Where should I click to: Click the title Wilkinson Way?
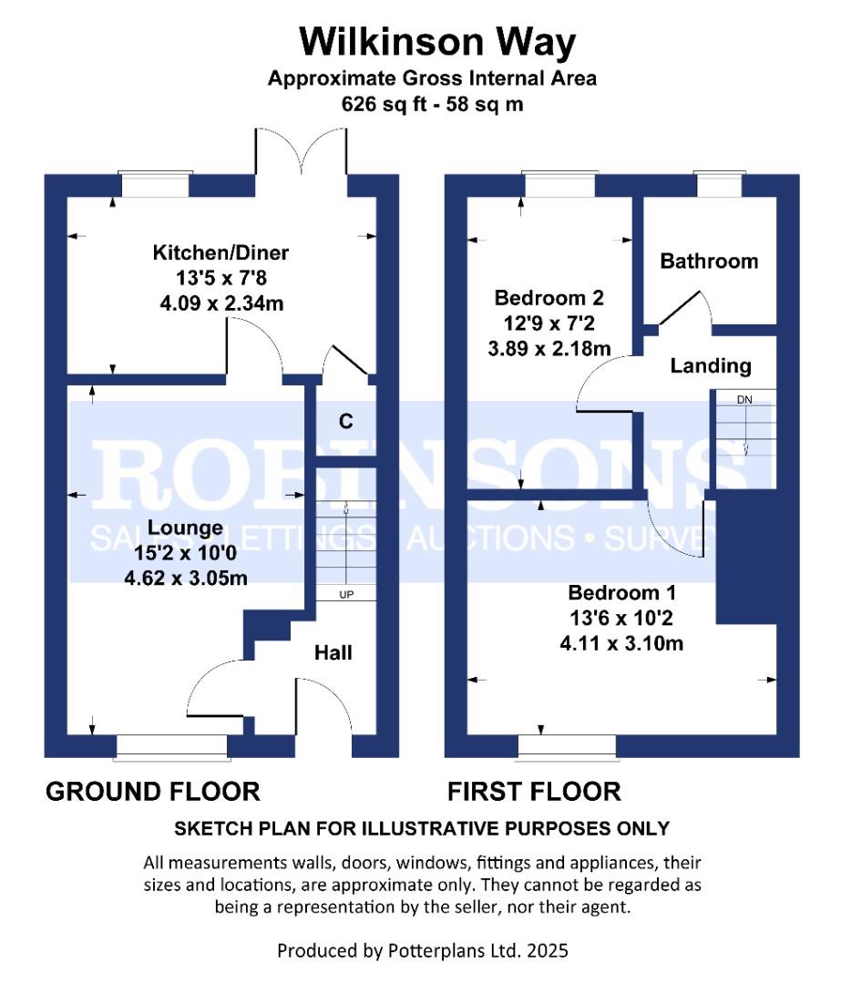438,42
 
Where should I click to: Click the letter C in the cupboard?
345,421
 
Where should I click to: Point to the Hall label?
333,652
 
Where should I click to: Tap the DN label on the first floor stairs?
744,399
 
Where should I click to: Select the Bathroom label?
708,261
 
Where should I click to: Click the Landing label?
711,366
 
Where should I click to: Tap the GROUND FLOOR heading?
153,791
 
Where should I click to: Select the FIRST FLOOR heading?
534,791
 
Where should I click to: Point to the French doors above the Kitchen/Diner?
302,150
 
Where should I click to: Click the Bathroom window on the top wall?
718,185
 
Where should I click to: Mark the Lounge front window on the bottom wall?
171,746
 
